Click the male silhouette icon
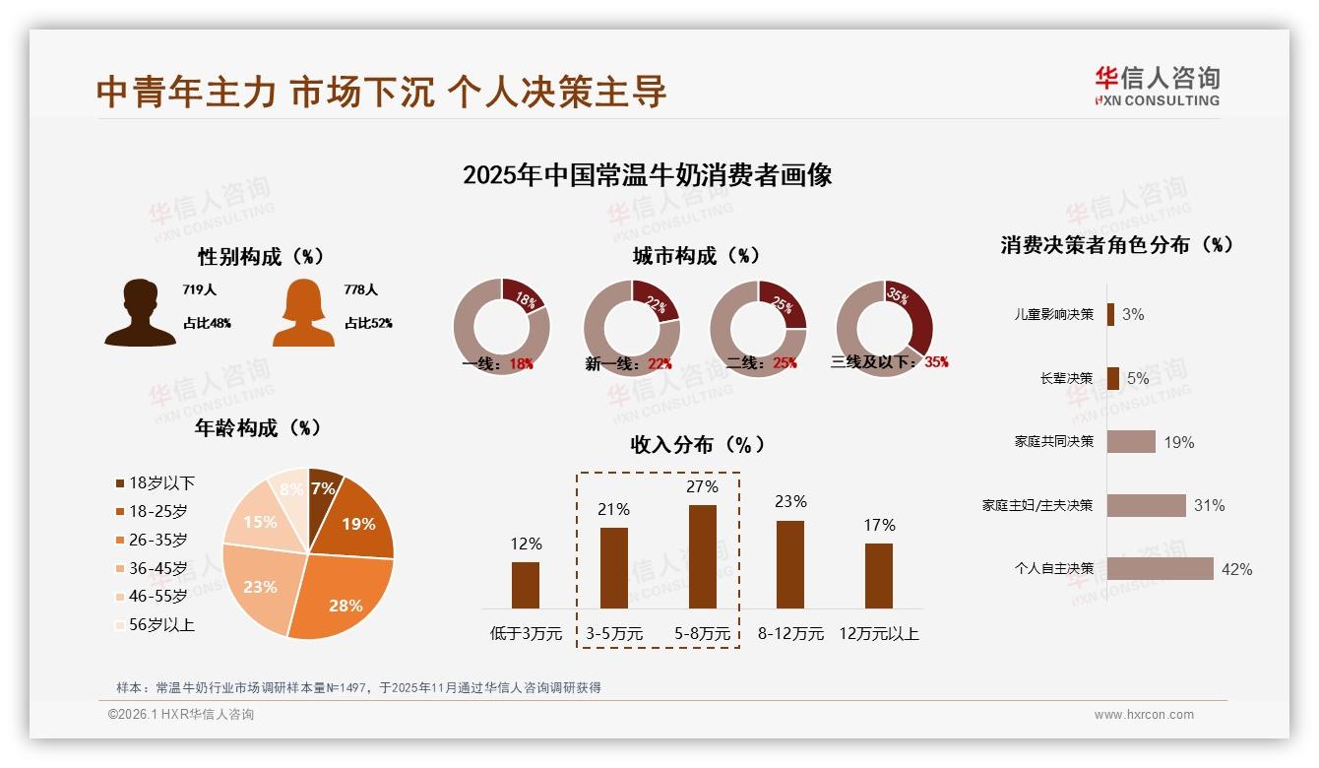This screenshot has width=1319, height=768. click(140, 313)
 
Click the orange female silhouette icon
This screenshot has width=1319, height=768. click(303, 313)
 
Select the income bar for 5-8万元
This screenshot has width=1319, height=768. click(703, 556)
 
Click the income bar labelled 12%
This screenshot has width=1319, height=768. click(526, 585)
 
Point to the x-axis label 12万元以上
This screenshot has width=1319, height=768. click(878, 634)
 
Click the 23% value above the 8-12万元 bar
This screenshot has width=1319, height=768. click(789, 501)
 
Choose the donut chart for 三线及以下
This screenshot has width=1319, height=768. click(884, 327)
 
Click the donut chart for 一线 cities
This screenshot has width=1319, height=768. click(501, 327)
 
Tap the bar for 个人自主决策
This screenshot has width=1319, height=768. click(1160, 568)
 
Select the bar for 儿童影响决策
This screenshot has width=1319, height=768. click(1110, 314)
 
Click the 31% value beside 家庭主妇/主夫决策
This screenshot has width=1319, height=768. click(1209, 506)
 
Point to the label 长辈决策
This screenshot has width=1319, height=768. click(1067, 378)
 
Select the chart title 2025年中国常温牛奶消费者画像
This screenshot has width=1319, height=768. click(648, 175)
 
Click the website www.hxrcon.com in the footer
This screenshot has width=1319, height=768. click(1144, 715)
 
